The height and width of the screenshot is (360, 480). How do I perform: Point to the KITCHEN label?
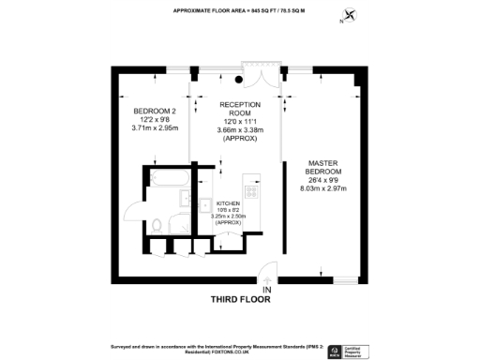230,203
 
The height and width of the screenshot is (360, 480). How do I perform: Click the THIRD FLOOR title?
239,301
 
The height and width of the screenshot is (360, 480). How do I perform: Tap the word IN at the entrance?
267,290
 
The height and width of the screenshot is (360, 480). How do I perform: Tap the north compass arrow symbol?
351,14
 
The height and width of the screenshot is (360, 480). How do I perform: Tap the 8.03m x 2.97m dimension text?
322,188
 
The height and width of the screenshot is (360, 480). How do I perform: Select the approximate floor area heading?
241,11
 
